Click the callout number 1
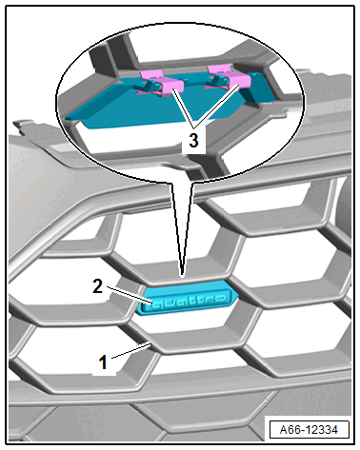(104, 362)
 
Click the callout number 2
(97, 285)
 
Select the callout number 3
(193, 140)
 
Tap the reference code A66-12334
(309, 430)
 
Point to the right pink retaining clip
(229, 78)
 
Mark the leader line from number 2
(130, 295)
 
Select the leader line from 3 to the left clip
(183, 108)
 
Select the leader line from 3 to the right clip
(217, 107)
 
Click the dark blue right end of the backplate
(259, 88)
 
